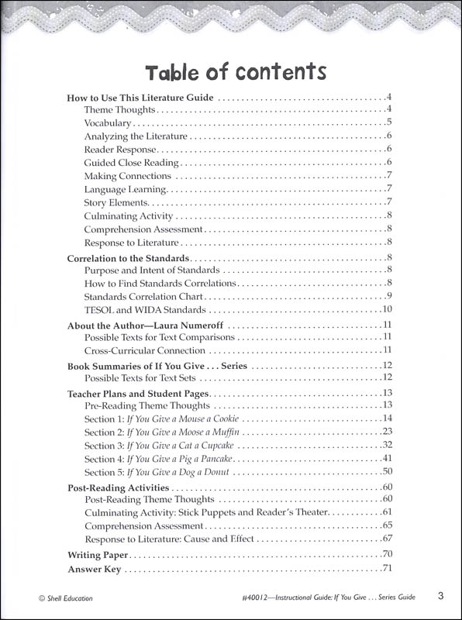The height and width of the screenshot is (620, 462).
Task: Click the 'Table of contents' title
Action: tap(235, 72)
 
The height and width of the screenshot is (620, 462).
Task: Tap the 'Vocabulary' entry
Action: tap(109, 122)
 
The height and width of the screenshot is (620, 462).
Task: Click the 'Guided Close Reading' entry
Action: tap(132, 163)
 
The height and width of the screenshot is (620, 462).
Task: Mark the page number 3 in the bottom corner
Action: tap(440, 596)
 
